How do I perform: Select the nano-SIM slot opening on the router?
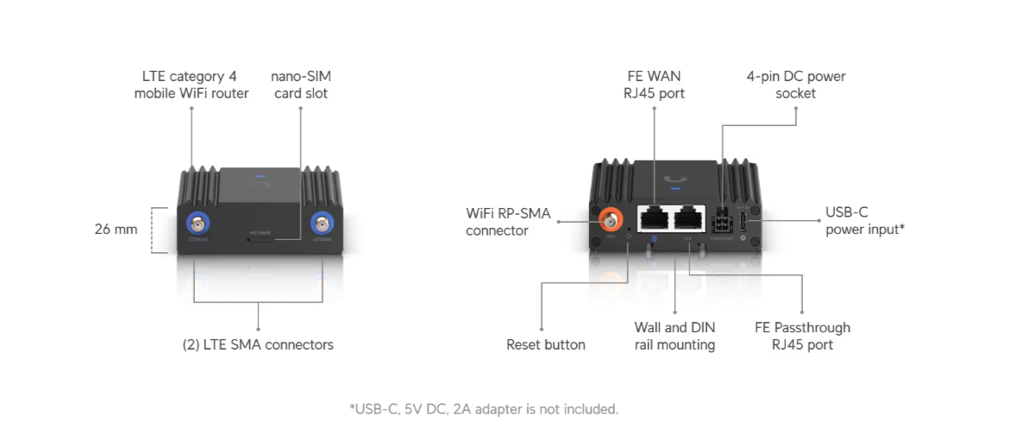click(x=260, y=240)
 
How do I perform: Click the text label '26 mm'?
click(x=116, y=230)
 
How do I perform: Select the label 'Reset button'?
click(x=545, y=345)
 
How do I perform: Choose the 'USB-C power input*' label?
click(x=864, y=221)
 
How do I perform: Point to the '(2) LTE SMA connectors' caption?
click(x=258, y=345)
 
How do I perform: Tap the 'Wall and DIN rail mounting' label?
click(x=674, y=337)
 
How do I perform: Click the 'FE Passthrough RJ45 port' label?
click(x=802, y=337)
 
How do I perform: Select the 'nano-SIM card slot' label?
click(x=301, y=85)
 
